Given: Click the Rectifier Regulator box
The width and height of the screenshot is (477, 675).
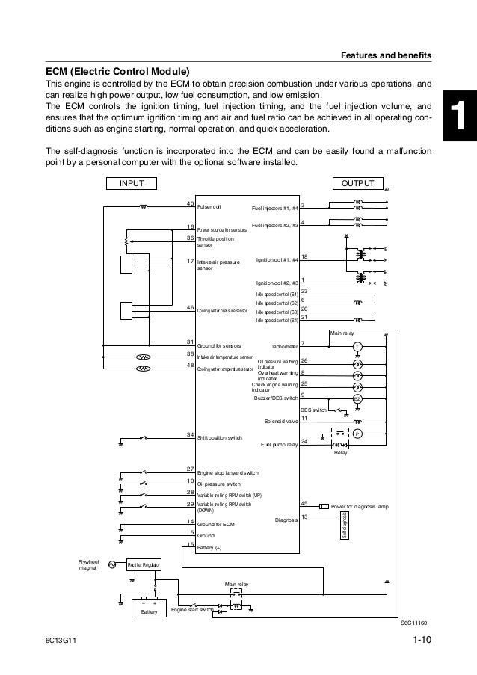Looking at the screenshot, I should point(142,565).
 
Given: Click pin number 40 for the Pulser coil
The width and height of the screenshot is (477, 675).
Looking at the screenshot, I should point(190,203).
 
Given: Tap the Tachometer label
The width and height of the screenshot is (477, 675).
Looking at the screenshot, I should point(283,347).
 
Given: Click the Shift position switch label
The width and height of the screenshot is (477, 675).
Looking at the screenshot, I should point(219,437).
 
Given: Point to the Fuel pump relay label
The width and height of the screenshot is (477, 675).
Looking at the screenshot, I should point(279,445).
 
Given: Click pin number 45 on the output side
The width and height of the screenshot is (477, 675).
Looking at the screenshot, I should point(304,504).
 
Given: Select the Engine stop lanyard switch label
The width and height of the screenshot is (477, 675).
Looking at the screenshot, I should point(227,473).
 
